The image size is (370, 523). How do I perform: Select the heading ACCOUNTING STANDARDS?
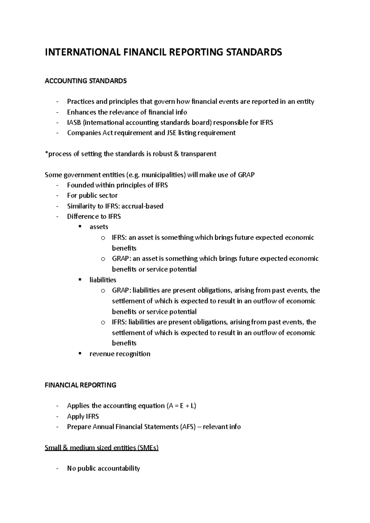click(x=85, y=81)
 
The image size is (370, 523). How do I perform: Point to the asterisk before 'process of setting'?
click(x=46, y=153)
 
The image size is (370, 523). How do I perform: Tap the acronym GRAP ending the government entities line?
click(x=246, y=175)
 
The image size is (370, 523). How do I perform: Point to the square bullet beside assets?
click(x=80, y=226)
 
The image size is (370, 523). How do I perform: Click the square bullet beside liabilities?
click(x=80, y=279)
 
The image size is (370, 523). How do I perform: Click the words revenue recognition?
click(x=120, y=354)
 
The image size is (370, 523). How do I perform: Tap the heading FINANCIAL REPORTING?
click(x=80, y=385)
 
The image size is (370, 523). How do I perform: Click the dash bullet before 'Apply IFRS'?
click(x=57, y=417)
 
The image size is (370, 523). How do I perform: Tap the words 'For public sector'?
click(x=92, y=196)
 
